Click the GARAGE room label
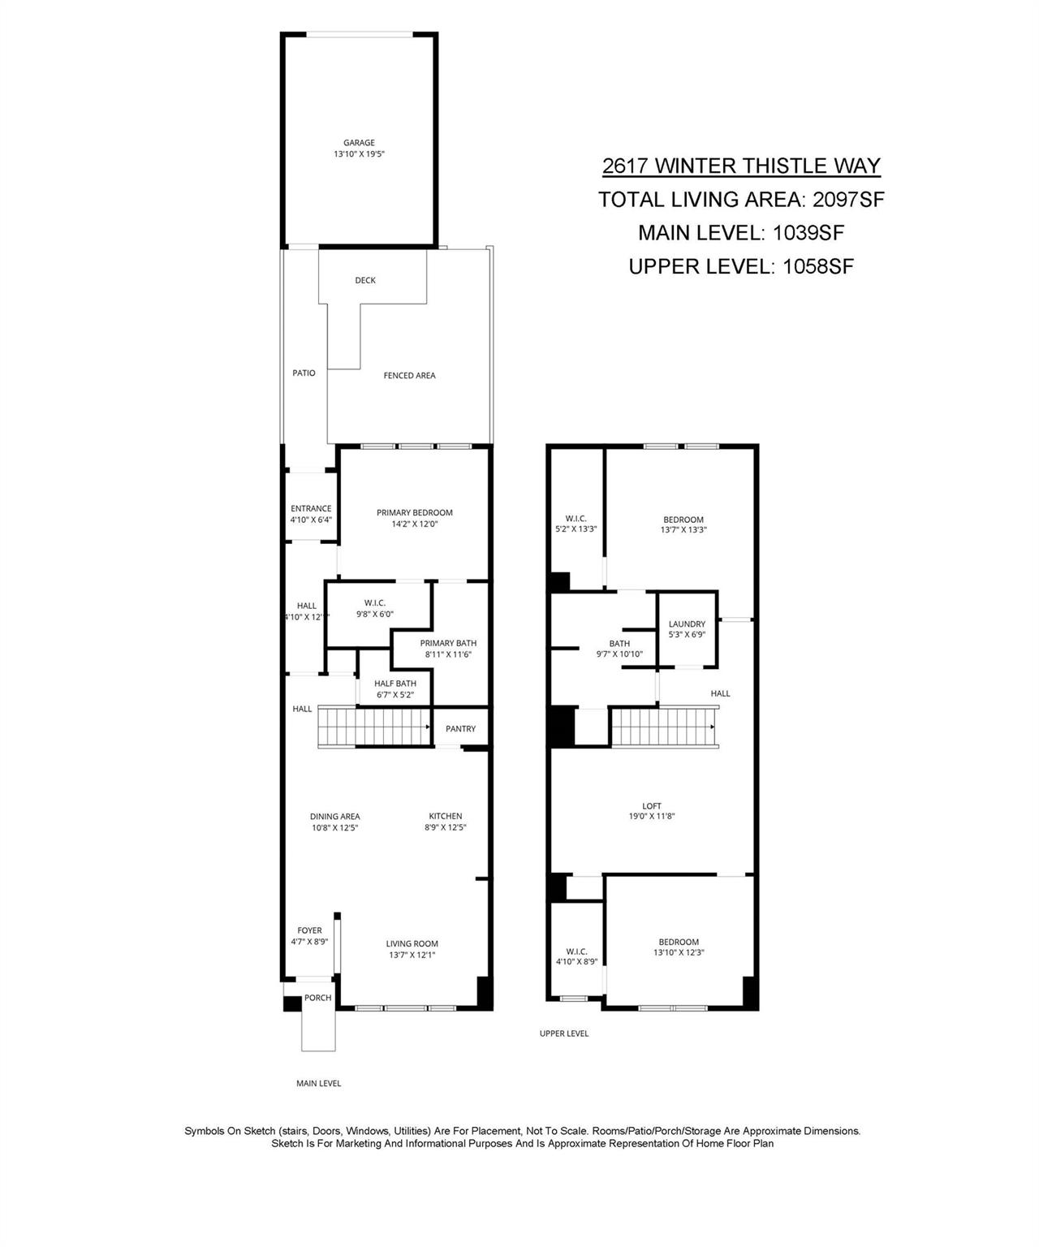click(358, 143)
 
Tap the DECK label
click(365, 281)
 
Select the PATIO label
click(304, 373)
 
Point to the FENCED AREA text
click(409, 376)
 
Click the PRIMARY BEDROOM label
click(414, 513)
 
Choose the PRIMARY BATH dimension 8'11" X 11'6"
click(448, 654)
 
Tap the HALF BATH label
click(395, 684)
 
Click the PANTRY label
click(460, 729)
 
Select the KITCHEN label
click(445, 817)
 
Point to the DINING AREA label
click(334, 817)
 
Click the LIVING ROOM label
click(412, 943)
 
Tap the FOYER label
click(309, 930)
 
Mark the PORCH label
click(317, 998)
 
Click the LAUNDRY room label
click(687, 624)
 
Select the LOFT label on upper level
click(652, 806)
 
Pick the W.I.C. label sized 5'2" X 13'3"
click(576, 520)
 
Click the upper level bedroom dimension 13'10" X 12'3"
click(679, 953)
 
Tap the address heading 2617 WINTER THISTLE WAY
click(740, 166)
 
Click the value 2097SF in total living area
click(847, 200)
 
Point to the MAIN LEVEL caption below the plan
click(318, 1084)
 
